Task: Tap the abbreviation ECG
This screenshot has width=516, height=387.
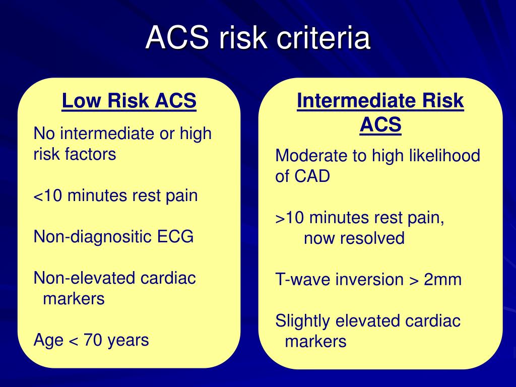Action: coord(175,237)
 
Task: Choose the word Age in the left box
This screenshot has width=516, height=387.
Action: coord(48,341)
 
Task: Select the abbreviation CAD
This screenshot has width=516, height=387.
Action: coord(311,176)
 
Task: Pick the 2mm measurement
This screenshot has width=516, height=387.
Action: coord(442,279)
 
